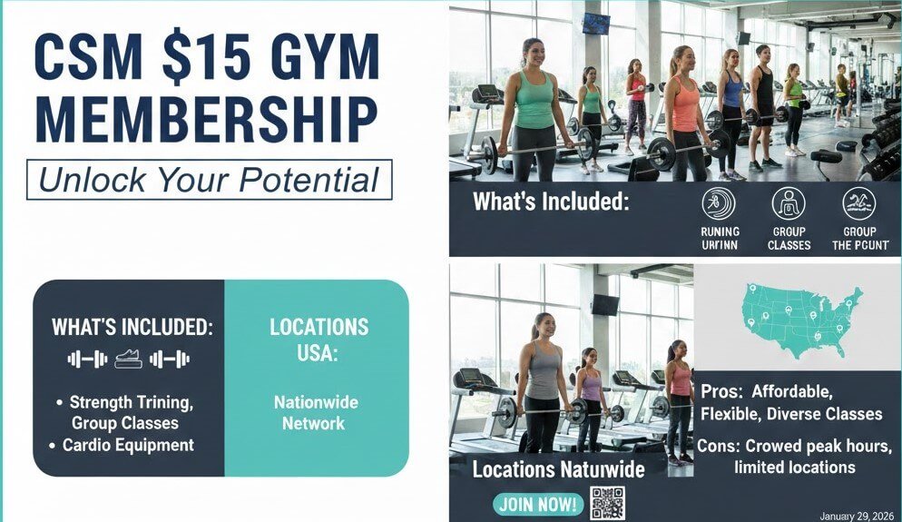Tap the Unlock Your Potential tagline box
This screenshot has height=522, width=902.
point(209,180)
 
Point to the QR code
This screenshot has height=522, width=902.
point(607,503)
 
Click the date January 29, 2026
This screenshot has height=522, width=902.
point(856,515)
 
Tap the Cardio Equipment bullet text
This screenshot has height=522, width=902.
point(128,445)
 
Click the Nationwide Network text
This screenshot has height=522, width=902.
point(316,412)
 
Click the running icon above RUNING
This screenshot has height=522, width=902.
point(720,203)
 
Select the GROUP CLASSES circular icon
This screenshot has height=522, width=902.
point(789,203)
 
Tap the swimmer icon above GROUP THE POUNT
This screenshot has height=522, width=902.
point(858,203)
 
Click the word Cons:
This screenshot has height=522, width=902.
point(722,446)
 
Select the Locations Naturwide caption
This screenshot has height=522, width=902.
point(558,469)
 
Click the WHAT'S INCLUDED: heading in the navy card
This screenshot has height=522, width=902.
point(132,327)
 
